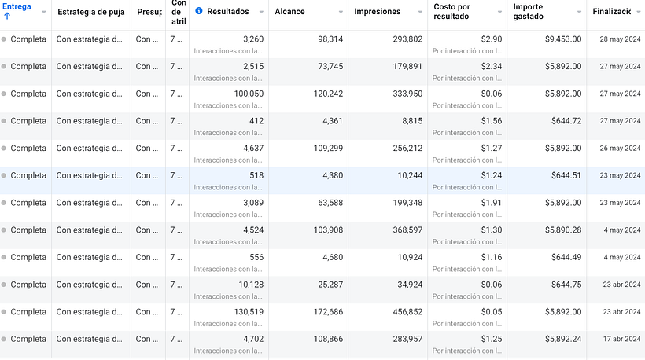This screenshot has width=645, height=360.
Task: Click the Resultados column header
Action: click(228, 12)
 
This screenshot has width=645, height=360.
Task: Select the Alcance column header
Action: click(291, 12)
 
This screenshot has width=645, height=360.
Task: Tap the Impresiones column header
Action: click(378, 12)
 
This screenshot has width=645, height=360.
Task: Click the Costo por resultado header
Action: click(452, 12)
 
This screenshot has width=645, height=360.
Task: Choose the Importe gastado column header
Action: click(534, 12)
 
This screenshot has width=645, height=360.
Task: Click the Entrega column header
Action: click(17, 7)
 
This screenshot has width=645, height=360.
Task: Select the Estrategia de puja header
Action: click(91, 12)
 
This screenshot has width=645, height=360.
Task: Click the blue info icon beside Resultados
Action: click(199, 11)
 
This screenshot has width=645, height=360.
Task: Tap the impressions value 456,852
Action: click(403, 312)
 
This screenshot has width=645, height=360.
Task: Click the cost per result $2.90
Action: click(492, 39)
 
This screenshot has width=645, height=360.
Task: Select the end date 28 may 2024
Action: click(620, 39)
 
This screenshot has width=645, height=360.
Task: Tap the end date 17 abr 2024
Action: click(621, 340)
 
